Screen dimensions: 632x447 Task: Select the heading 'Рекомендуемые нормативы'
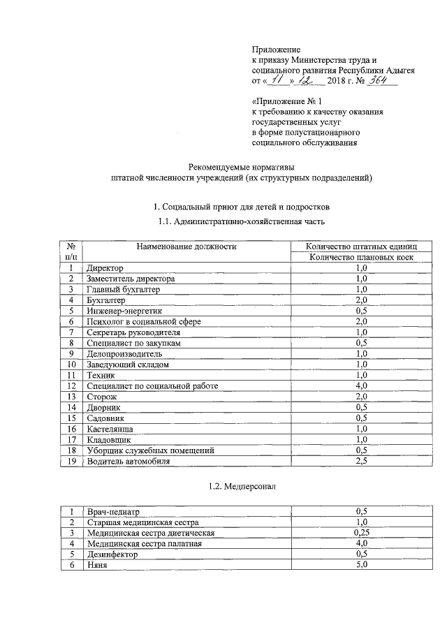[242, 166]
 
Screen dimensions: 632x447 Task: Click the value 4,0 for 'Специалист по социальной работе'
[361, 385]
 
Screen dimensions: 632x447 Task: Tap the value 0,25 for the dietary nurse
[361, 533]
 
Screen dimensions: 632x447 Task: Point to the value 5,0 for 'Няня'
[361, 565]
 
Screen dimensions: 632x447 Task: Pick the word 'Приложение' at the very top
[276, 50]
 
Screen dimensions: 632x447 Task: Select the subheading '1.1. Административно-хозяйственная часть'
[242, 222]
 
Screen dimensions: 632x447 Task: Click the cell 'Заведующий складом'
[127, 365]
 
